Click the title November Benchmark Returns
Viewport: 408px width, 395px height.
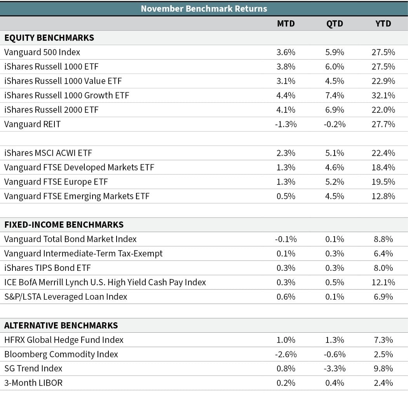pos(204,9)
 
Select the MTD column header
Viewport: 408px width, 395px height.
pos(286,24)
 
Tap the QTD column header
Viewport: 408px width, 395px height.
pos(335,24)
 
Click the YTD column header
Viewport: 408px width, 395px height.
pos(383,24)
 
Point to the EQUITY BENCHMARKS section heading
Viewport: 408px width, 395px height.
pos(49,38)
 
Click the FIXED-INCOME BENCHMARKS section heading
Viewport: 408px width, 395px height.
pos(64,225)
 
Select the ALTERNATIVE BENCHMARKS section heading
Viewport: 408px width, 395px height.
pos(61,325)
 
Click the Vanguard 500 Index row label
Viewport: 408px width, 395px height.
pos(42,52)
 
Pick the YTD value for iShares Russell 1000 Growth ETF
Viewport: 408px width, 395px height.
pos(383,95)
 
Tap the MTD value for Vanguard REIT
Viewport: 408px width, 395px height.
pos(286,124)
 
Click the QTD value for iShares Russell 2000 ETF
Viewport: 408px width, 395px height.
pos(335,110)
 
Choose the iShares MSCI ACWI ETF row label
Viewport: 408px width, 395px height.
pos(48,153)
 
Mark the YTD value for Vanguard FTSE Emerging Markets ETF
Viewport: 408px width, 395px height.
pos(383,196)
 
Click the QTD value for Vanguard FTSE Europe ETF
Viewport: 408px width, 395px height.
pos(335,182)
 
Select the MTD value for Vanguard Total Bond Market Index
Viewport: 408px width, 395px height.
pos(286,239)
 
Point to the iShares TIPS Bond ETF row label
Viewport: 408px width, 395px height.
pos(48,268)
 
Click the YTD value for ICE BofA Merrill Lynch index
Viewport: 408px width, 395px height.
pos(383,283)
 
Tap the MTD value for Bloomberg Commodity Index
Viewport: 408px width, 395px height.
pos(286,355)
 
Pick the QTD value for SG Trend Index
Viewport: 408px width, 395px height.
pos(335,369)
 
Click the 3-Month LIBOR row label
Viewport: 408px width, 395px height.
pos(33,383)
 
